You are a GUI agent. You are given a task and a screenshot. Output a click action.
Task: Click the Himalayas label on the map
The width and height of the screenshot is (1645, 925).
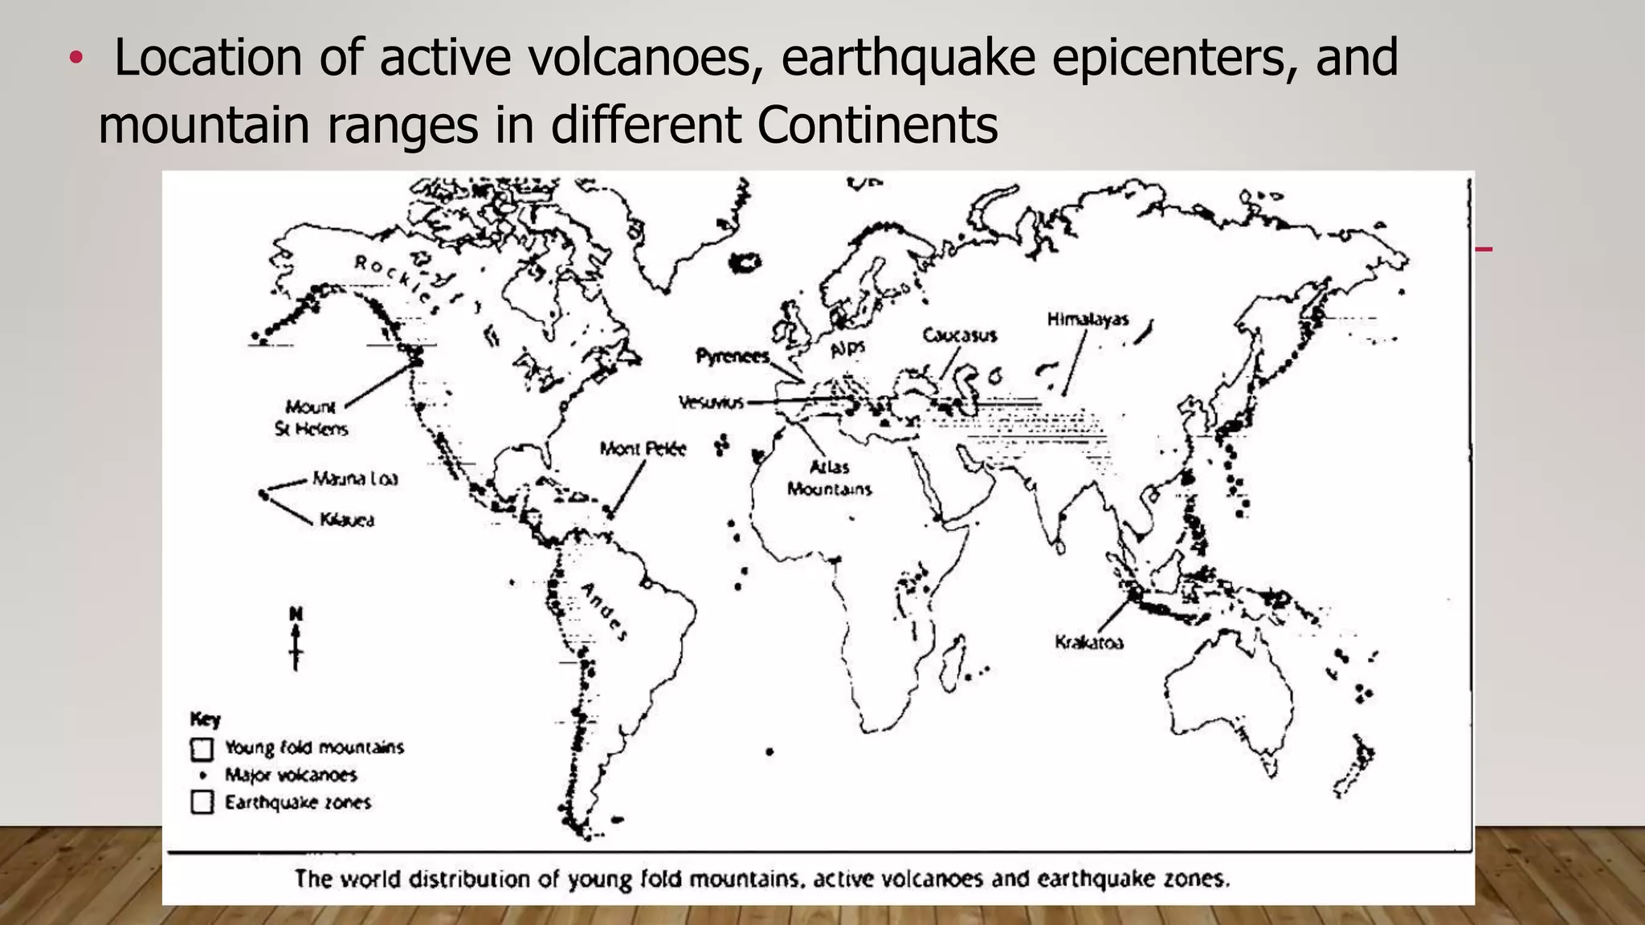[1088, 320]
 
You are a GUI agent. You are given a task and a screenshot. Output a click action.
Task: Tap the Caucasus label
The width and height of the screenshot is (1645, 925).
[959, 335]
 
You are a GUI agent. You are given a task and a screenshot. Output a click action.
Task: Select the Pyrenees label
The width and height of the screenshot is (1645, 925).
[732, 356]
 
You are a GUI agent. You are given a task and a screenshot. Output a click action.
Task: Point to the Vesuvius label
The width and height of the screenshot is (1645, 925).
[711, 402]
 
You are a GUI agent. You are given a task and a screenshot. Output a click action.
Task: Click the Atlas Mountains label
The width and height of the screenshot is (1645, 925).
[829, 478]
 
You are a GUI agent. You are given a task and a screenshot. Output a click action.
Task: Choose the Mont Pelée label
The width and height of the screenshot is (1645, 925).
[643, 449]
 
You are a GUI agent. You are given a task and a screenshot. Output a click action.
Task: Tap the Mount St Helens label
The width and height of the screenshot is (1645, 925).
[312, 418]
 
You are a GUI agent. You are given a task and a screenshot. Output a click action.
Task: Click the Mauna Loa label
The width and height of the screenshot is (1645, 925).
[355, 479]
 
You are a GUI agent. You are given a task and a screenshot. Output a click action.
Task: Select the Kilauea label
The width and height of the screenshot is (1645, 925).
[347, 520]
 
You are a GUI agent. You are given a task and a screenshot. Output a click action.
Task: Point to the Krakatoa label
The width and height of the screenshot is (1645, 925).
[1088, 642]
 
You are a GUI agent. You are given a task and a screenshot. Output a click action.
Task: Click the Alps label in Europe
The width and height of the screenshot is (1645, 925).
[847, 348]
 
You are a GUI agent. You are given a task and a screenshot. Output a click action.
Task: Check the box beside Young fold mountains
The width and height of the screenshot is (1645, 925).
[202, 749]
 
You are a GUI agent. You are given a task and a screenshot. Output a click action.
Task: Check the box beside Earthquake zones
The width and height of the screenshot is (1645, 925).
[202, 802]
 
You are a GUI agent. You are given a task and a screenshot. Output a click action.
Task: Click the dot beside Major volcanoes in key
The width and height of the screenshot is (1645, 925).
[203, 775]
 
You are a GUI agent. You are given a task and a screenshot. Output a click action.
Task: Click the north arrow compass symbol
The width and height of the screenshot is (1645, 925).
[296, 638]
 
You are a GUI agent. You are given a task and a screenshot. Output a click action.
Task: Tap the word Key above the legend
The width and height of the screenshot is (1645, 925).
[205, 719]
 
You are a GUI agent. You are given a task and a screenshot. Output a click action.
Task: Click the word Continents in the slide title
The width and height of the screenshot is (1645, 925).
[877, 125]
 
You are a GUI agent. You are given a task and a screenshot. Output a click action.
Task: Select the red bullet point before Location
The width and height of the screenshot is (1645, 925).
[76, 58]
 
